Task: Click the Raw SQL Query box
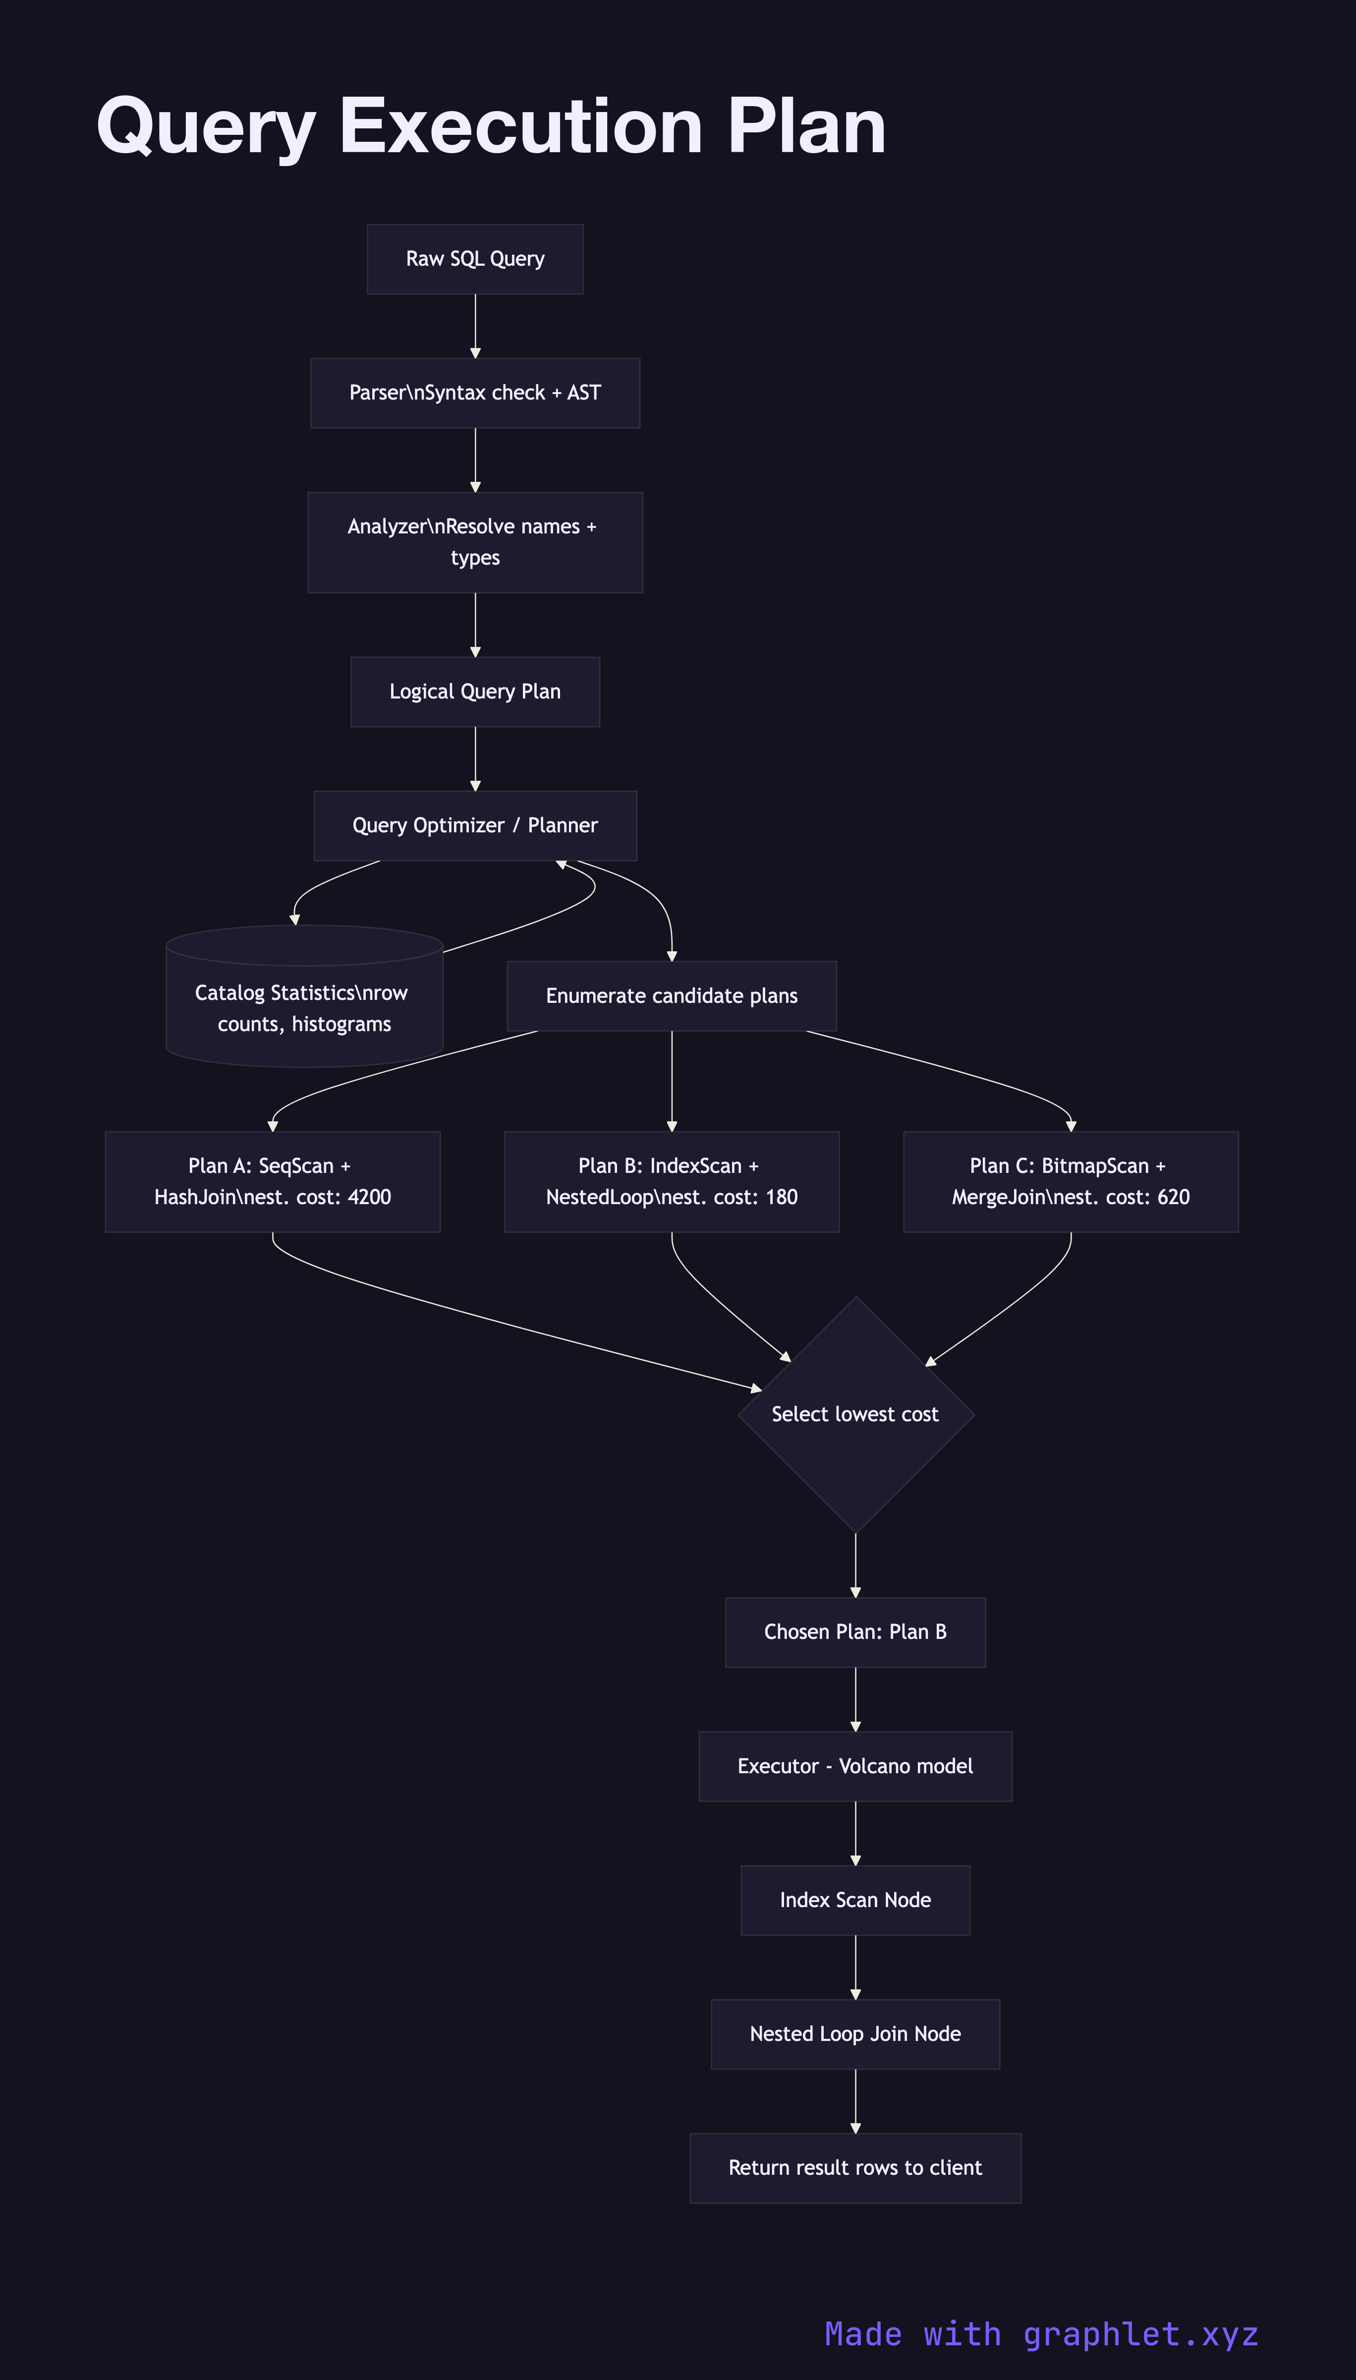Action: click(x=475, y=259)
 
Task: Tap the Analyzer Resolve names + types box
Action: click(x=475, y=542)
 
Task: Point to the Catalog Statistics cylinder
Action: click(x=304, y=1008)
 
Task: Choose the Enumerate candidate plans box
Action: click(x=672, y=996)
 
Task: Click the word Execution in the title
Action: click(x=521, y=127)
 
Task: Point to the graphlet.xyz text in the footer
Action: click(x=1141, y=2334)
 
